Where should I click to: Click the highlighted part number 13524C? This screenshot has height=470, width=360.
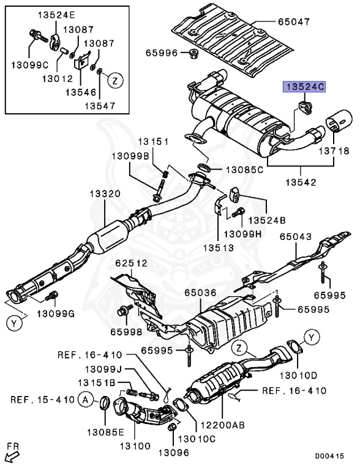tap(303, 87)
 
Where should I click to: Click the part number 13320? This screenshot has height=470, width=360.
tap(107, 194)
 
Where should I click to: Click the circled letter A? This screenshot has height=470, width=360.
tap(87, 400)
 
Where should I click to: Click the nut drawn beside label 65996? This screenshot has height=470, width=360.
tap(191, 53)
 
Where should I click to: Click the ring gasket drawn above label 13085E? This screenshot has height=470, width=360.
tap(104, 404)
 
